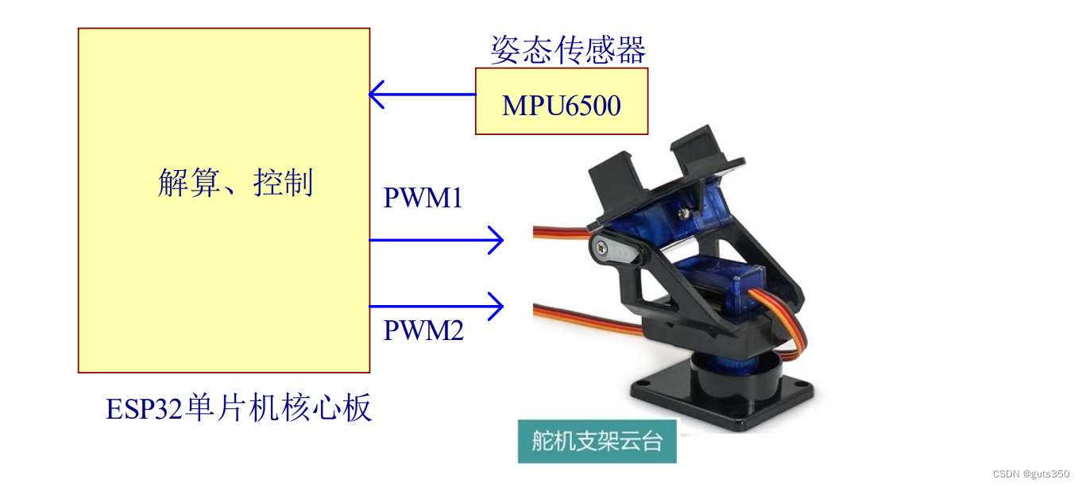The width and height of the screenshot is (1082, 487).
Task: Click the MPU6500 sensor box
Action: [562, 101]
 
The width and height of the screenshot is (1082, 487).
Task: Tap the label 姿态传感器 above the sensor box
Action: [568, 50]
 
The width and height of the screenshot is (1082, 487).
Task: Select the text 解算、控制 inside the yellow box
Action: [236, 183]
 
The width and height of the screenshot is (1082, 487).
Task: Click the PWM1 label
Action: [423, 198]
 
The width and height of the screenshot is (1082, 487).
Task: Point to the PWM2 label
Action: [423, 329]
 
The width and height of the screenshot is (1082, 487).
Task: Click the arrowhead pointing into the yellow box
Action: [377, 95]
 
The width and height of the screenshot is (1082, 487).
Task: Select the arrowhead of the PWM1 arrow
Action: [497, 239]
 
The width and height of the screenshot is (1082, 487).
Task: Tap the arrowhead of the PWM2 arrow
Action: [497, 305]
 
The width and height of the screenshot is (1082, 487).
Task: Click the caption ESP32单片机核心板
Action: [238, 408]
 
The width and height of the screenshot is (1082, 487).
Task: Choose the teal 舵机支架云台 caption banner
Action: [597, 441]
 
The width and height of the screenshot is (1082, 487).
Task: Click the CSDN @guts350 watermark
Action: [1031, 473]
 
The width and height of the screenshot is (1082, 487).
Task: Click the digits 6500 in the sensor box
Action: [591, 105]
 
